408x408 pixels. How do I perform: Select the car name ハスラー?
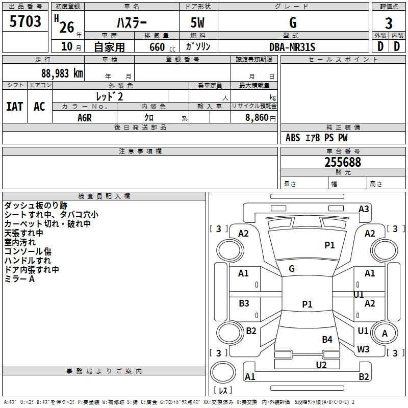pyautogui.click(x=131, y=22)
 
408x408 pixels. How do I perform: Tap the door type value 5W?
pyautogui.click(x=198, y=22)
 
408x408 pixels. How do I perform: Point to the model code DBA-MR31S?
pyautogui.click(x=292, y=47)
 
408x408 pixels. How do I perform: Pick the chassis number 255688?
pyautogui.click(x=343, y=162)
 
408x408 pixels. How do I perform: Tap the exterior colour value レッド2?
pyautogui.click(x=110, y=96)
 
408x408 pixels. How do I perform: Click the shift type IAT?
pyautogui.click(x=14, y=107)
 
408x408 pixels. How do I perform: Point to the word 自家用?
pyautogui.click(x=109, y=47)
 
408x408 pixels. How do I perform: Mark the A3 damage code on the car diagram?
pyautogui.click(x=364, y=209)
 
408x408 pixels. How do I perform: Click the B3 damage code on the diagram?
pyautogui.click(x=244, y=303)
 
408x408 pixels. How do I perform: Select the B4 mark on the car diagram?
pyautogui.click(x=327, y=339)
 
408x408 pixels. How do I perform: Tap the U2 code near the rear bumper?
pyautogui.click(x=321, y=365)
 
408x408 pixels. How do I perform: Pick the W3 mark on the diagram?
pyautogui.click(x=363, y=349)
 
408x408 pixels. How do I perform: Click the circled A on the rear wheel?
pyautogui.click(x=385, y=334)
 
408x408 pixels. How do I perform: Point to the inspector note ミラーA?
pyautogui.click(x=19, y=279)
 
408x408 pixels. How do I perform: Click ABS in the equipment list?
pyautogui.click(x=293, y=138)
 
